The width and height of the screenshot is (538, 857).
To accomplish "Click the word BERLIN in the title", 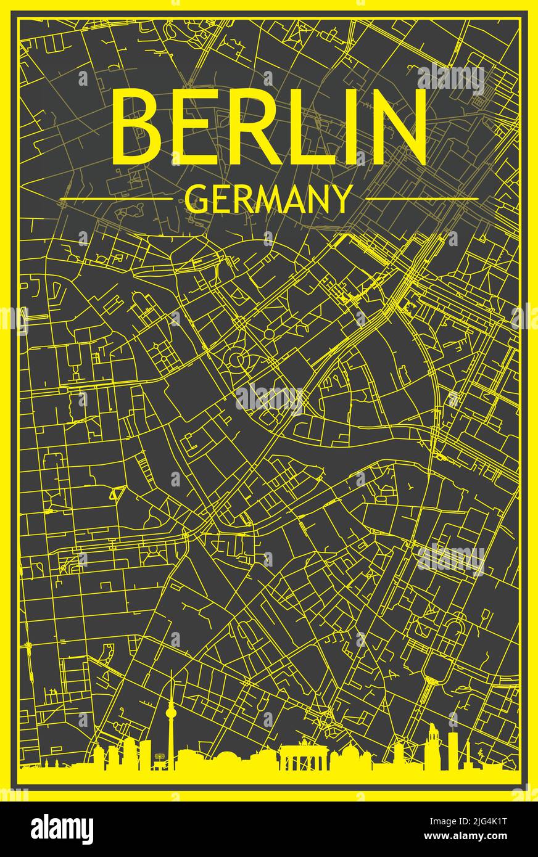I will click(269, 126).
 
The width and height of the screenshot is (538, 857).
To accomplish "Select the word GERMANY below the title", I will click(268, 199).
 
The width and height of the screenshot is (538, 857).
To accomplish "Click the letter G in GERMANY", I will click(197, 199).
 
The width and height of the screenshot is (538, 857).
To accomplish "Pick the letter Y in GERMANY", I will click(341, 199).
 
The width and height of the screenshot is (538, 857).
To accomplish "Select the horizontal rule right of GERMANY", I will click(421, 199).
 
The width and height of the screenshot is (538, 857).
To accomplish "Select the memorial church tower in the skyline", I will click(433, 743).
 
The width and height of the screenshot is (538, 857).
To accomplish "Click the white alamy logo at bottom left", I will click(62, 829).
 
